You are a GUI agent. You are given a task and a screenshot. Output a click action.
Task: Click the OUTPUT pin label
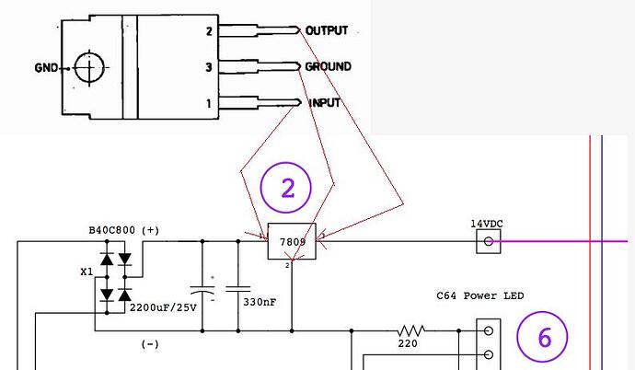pyautogui.click(x=327, y=30)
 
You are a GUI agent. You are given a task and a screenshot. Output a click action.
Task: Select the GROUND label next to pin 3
pyautogui.click(x=328, y=66)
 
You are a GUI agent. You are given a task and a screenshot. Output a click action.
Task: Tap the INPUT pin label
pyautogui.click(x=324, y=103)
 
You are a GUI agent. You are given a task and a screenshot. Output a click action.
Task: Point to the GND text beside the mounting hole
pyautogui.click(x=46, y=67)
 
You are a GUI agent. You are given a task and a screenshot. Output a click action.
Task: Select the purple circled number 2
pyautogui.click(x=286, y=188)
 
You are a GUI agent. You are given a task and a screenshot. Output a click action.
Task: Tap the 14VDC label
pyautogui.click(x=487, y=224)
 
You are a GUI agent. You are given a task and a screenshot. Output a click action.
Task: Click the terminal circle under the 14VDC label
pyautogui.click(x=489, y=242)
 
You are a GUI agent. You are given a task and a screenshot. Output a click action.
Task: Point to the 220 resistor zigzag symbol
pyautogui.click(x=410, y=330)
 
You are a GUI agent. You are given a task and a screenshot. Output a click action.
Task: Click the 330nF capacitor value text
pyautogui.click(x=260, y=302)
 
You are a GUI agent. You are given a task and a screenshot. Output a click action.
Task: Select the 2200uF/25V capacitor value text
pyautogui.click(x=163, y=307)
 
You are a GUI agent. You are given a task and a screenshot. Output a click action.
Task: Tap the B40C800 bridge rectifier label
pyautogui.click(x=111, y=230)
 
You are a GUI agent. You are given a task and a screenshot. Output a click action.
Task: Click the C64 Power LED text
pyautogui.click(x=479, y=295)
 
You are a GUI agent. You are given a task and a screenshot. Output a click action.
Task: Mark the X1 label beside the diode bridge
pyautogui.click(x=87, y=272)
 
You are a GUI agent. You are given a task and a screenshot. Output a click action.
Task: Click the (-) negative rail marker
pyautogui.click(x=150, y=344)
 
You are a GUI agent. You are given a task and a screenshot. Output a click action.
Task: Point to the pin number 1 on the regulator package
pyautogui.click(x=209, y=104)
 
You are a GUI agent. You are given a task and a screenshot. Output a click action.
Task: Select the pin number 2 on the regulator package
pyautogui.click(x=209, y=31)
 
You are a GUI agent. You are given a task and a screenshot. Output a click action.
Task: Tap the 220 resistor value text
pyautogui.click(x=408, y=343)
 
